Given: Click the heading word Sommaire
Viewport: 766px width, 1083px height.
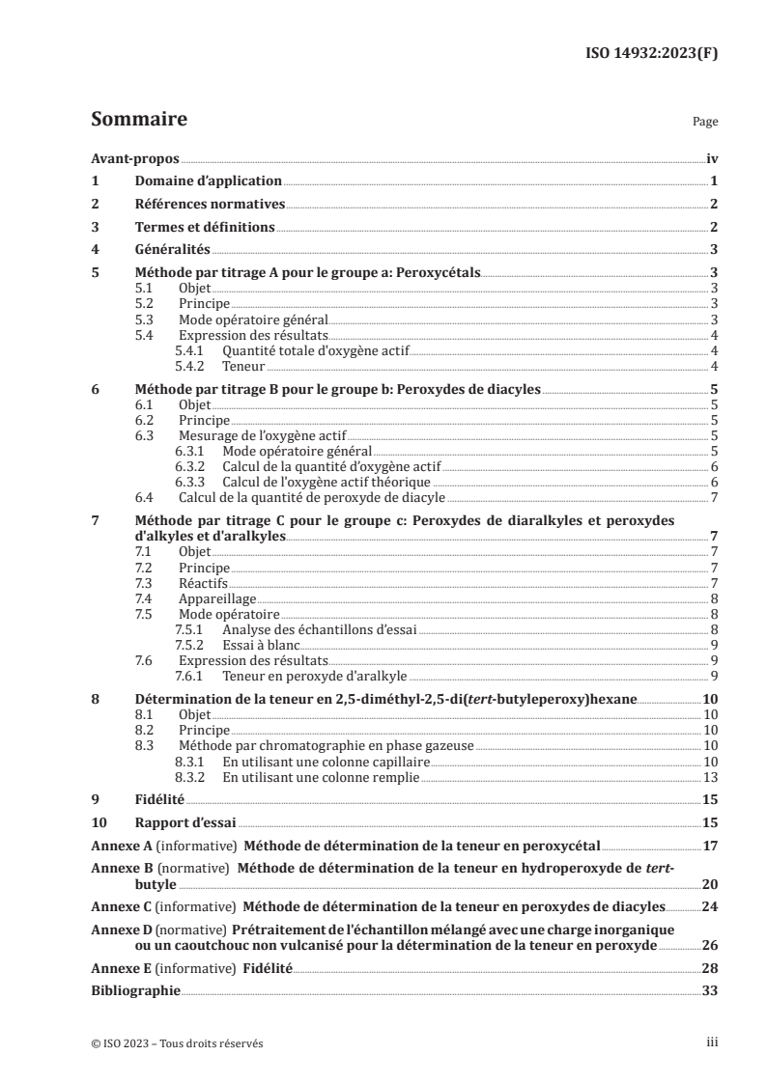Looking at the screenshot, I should pos(138,120).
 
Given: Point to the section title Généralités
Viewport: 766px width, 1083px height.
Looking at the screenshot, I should pos(171,250).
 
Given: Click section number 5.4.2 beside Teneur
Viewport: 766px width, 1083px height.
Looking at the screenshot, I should pos(192,366).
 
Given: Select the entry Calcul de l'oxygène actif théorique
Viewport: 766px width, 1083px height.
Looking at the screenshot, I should pos(326,482).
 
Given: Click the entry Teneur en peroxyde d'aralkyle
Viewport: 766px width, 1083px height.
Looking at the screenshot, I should pos(300,677).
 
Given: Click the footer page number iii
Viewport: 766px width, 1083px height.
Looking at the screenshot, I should pos(712,1043).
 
